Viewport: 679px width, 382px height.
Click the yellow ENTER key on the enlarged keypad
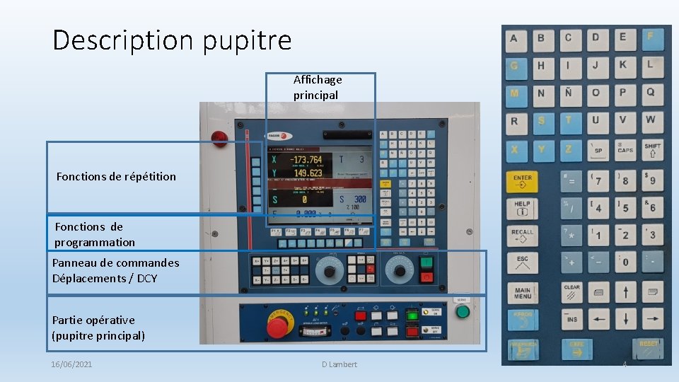(523, 182)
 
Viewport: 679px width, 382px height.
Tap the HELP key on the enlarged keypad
(523, 208)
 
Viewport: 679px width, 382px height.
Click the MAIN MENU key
(523, 292)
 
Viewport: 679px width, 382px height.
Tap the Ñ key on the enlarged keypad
(569, 92)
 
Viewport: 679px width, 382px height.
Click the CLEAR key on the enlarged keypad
(571, 292)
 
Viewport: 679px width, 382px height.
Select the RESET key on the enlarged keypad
(649, 348)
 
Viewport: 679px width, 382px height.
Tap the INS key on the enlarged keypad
(571, 318)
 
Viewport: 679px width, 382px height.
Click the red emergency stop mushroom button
(277, 327)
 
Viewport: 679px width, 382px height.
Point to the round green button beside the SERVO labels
(462, 311)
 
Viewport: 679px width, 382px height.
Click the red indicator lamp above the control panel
(220, 137)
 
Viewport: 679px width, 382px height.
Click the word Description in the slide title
(124, 40)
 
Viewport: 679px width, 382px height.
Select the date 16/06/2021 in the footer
(71, 364)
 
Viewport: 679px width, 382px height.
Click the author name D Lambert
(339, 364)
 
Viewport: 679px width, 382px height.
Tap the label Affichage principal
(318, 87)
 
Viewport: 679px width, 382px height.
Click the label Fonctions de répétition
(116, 176)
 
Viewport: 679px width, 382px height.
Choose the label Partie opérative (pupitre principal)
(98, 328)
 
